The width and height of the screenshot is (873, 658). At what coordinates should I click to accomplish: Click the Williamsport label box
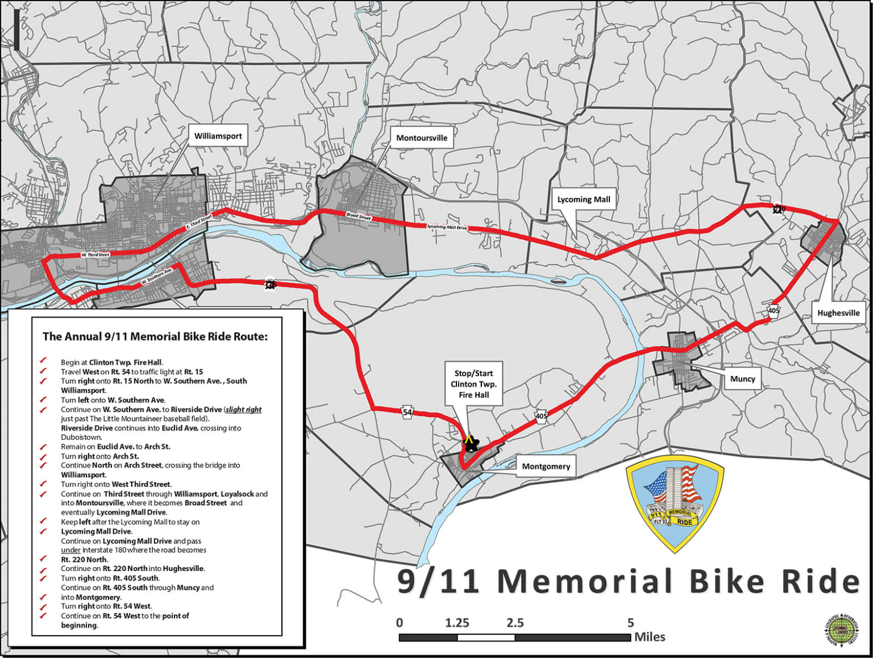(x=218, y=136)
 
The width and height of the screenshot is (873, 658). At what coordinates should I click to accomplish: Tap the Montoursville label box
(x=422, y=138)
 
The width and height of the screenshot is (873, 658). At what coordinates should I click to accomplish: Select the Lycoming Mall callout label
(x=583, y=199)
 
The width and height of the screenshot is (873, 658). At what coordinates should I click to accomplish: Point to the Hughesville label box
(x=838, y=313)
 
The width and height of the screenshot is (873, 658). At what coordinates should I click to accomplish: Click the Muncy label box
(x=742, y=378)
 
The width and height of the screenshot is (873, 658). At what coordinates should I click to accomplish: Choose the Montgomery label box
(x=546, y=466)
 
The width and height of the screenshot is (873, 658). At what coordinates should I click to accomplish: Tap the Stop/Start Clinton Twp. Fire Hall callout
(x=473, y=384)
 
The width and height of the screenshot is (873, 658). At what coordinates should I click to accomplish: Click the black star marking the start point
(x=471, y=444)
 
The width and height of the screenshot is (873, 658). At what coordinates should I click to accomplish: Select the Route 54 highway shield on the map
(x=408, y=413)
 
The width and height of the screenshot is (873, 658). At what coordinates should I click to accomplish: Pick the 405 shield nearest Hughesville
(x=774, y=311)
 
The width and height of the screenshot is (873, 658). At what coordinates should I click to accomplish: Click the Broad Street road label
(x=359, y=216)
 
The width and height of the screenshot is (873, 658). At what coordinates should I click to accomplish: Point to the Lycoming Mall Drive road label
(x=447, y=227)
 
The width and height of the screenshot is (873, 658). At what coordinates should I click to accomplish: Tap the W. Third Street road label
(x=95, y=255)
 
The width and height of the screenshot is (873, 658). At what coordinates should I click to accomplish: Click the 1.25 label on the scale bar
(x=457, y=623)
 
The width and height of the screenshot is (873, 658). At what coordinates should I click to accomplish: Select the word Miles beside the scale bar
(x=650, y=636)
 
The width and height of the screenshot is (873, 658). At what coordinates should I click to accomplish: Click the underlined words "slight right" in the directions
(x=243, y=409)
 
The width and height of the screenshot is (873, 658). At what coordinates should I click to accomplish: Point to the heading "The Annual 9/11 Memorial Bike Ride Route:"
(x=155, y=336)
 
